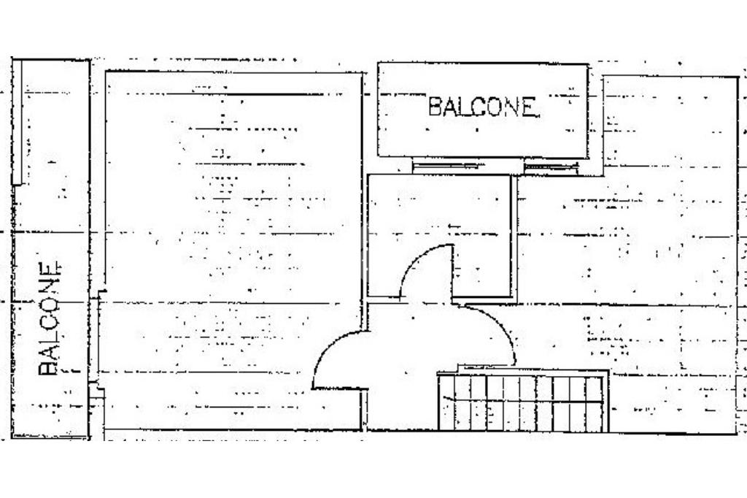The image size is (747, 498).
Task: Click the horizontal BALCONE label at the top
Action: click(x=483, y=107)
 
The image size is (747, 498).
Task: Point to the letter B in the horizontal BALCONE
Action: click(x=435, y=107)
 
